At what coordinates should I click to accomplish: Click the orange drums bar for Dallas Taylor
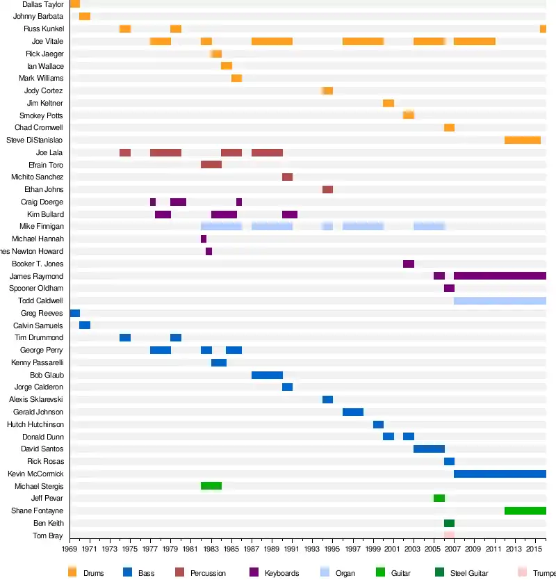click(74, 4)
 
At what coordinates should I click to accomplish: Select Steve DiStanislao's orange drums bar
click(522, 140)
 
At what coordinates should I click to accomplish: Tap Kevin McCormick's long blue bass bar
click(500, 474)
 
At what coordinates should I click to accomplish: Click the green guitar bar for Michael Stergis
click(211, 486)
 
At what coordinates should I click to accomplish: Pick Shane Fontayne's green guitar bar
click(525, 511)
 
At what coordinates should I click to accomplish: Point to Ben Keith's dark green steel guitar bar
click(449, 524)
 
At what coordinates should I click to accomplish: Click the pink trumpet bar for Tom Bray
click(449, 535)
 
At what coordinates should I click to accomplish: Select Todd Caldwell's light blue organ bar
click(500, 301)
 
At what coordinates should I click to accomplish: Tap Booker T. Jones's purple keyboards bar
click(409, 264)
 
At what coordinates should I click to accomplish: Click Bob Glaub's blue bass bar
click(267, 376)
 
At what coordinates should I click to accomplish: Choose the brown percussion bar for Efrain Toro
click(211, 165)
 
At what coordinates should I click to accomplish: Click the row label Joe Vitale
click(48, 42)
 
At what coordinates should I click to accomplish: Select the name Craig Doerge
click(42, 202)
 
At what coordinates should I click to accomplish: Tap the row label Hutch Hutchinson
click(35, 425)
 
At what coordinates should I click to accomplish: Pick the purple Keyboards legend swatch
click(253, 572)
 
